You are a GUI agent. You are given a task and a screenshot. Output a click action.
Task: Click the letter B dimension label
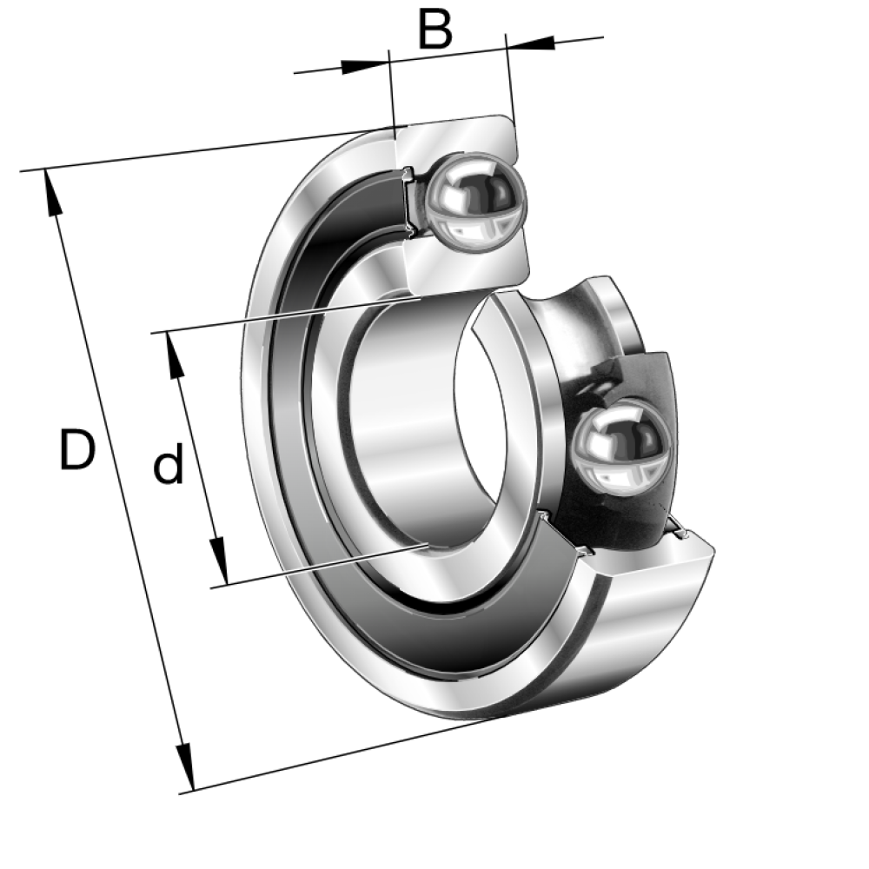pos(435,29)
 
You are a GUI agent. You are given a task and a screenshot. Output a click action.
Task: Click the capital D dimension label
pos(77,449)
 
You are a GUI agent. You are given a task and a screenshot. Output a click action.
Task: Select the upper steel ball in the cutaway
pos(476,203)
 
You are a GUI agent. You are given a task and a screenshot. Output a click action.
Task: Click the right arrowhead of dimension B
pos(530,42)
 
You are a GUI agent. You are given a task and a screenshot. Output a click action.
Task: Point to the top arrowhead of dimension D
pos(53,193)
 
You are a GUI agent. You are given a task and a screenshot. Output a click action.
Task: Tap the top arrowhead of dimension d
pos(175,355)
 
